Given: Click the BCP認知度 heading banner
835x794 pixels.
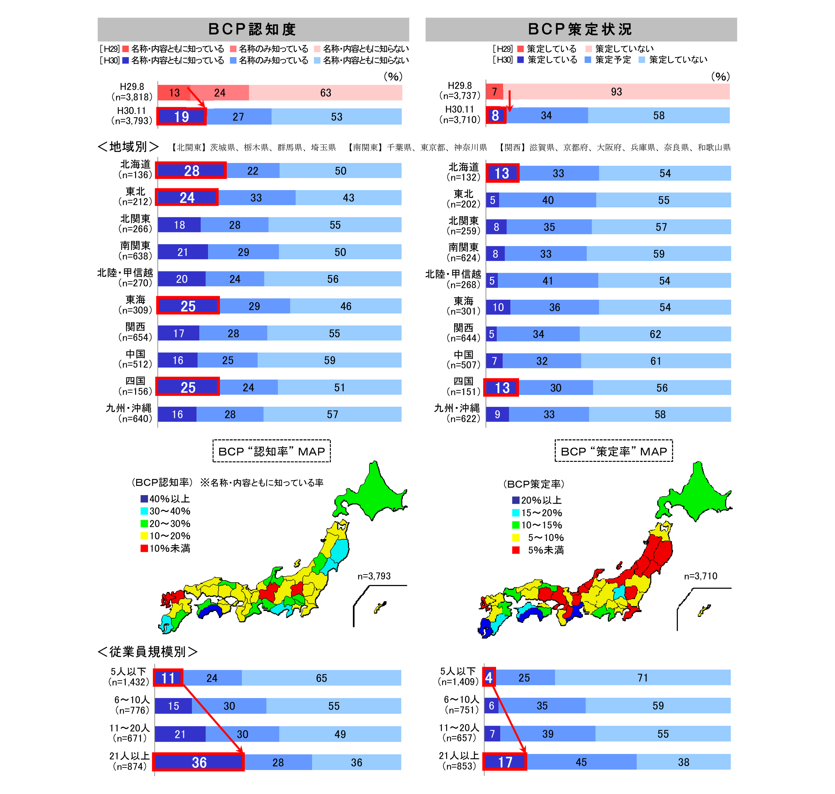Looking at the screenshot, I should (253, 29).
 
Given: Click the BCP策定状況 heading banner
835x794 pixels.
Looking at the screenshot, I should (581, 29).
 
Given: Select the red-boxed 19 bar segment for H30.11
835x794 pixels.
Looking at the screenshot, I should (182, 117).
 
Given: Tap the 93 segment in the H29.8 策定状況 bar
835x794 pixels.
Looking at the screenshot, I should (616, 92).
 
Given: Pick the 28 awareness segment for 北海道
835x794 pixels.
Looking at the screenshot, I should (191, 171).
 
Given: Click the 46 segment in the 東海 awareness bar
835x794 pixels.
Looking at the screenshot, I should (346, 306).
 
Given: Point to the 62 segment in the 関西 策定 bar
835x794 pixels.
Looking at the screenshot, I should (655, 334).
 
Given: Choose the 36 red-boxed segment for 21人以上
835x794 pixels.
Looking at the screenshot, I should (199, 762).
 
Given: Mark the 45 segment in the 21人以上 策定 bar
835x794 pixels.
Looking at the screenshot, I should (581, 762).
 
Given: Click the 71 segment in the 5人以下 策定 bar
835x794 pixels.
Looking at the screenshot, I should (642, 677).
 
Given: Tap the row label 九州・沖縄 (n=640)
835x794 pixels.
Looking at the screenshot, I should (129, 413).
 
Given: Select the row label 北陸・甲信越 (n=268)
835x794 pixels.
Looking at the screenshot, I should (453, 279).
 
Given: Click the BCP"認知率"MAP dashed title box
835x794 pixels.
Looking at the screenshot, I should (272, 451).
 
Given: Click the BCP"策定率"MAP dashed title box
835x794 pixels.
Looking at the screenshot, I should (614, 451).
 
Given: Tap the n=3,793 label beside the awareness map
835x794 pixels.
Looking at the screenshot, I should (374, 576).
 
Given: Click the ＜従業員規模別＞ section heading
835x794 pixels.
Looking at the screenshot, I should (147, 652).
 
